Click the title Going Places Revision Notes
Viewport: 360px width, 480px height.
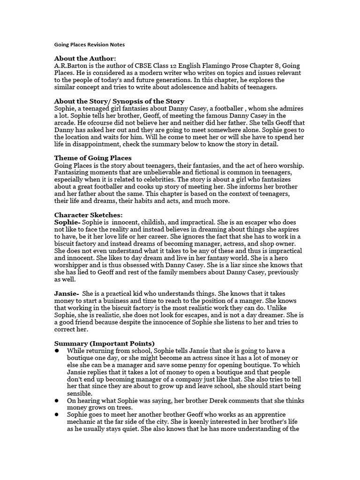point(90,45)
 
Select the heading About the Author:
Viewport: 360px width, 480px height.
point(85,58)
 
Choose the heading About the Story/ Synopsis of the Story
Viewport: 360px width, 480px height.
point(119,101)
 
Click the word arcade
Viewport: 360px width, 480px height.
point(66,123)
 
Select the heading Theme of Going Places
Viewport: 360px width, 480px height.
point(93,158)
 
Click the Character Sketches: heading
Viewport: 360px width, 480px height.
point(88,215)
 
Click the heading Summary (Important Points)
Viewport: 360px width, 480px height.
point(104,343)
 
